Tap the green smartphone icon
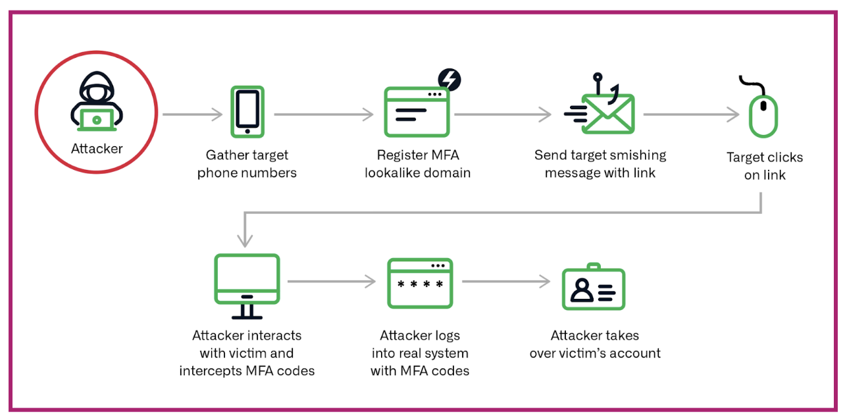coord(247,111)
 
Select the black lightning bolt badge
coord(449,80)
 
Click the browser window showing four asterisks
coord(420,283)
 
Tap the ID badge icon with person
coord(593,288)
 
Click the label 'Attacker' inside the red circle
coord(97,149)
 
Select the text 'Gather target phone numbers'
coord(247,164)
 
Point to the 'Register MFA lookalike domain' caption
coord(418,164)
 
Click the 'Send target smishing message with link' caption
coord(600,164)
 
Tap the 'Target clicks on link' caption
coord(765,166)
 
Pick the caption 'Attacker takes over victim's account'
coord(595,344)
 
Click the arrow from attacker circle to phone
coord(193,115)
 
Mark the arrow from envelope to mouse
coord(691,115)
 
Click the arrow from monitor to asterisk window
coord(331,282)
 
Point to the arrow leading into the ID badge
coord(505,282)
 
